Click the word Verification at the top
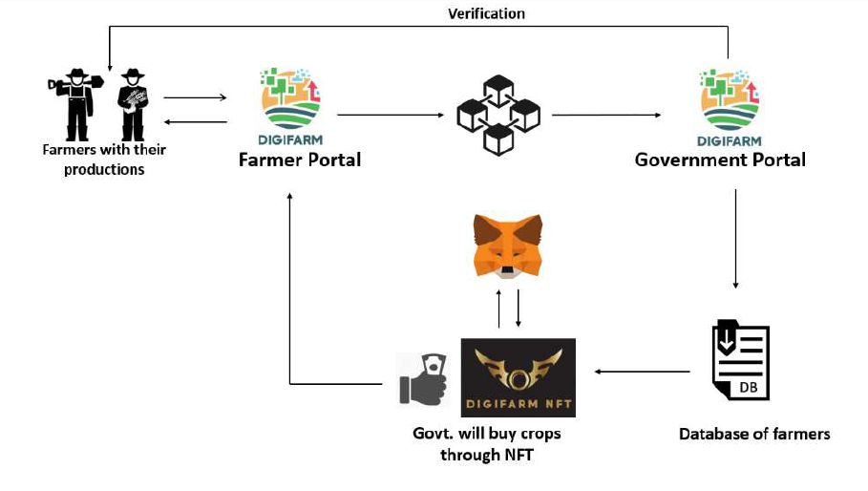(486, 13)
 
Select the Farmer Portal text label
(300, 160)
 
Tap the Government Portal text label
(720, 160)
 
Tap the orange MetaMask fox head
(507, 245)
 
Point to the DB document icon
(740, 360)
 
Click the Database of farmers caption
(753, 434)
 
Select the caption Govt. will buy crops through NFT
(486, 444)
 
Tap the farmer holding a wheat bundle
(132, 105)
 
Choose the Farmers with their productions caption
(104, 160)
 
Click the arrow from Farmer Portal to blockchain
(391, 116)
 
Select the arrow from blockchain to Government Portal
(606, 116)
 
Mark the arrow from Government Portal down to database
(735, 239)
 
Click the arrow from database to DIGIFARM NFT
(641, 372)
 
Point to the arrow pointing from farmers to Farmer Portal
(195, 97)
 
